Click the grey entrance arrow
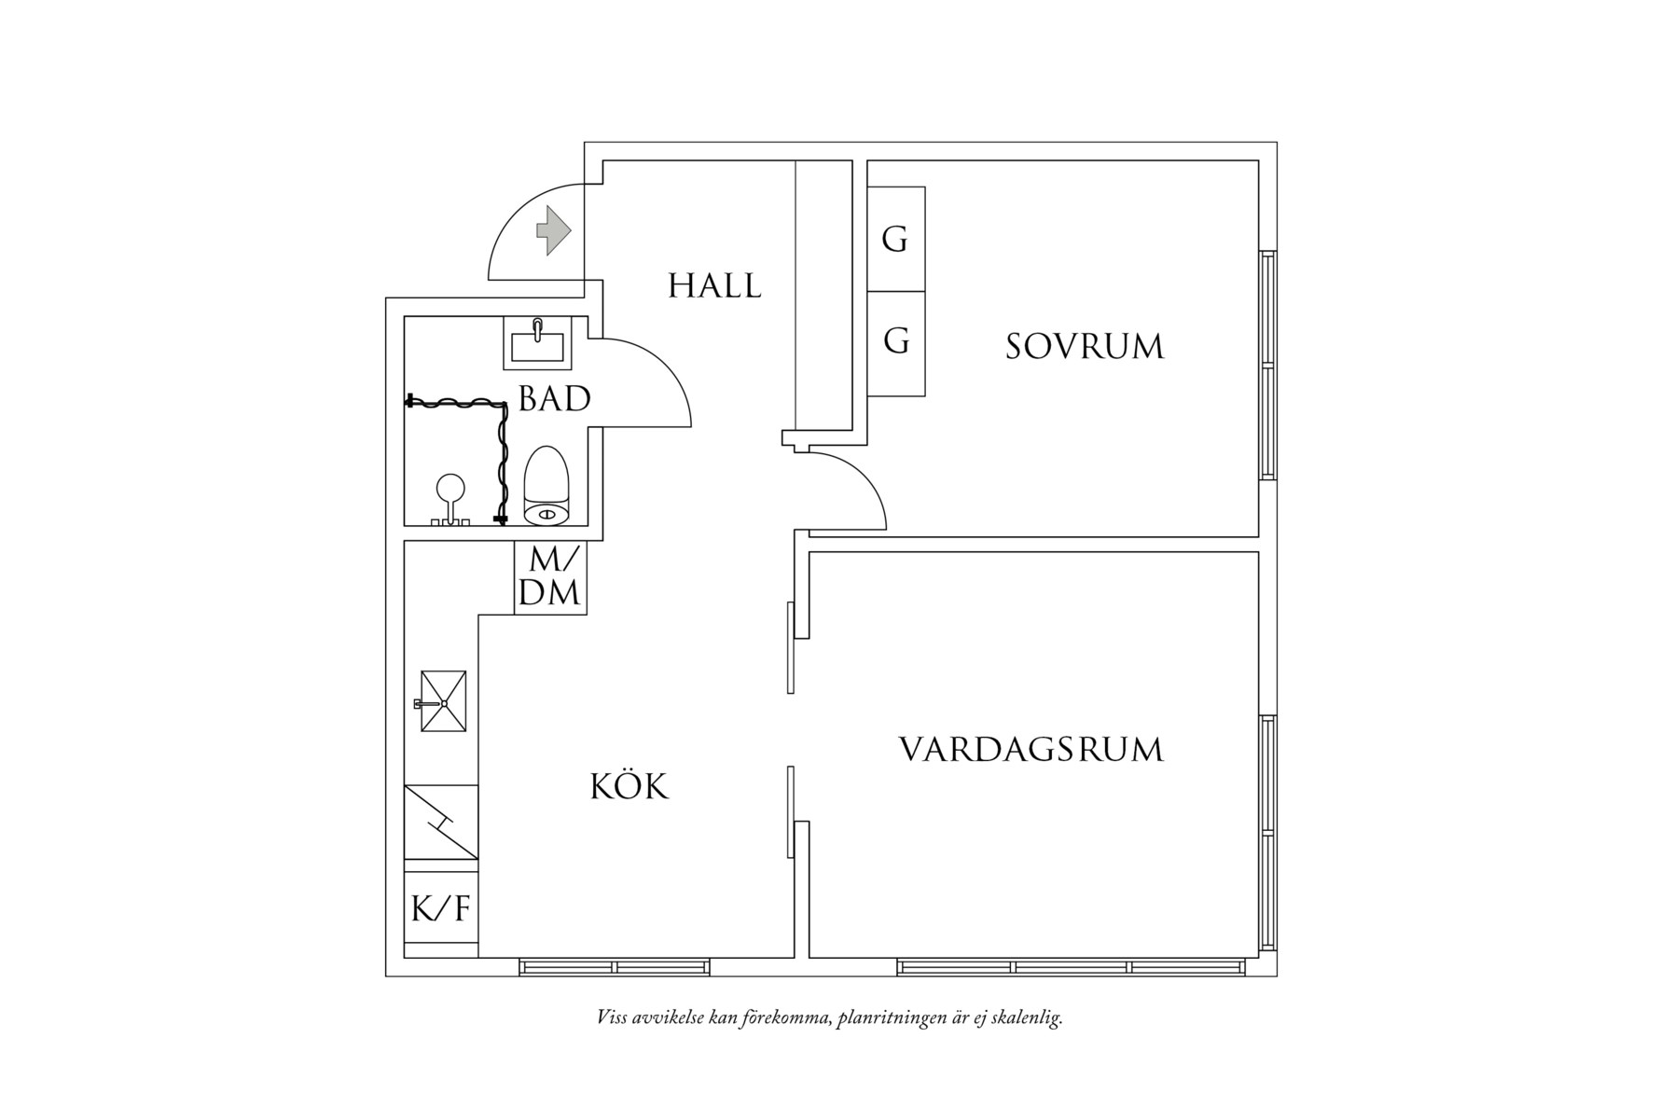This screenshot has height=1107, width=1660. coord(553,230)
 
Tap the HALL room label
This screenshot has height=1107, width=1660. coord(714,285)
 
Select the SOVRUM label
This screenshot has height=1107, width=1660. coord(1085,347)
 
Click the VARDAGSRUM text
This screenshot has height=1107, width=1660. coord(1031,750)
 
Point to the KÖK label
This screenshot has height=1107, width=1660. coord(629,787)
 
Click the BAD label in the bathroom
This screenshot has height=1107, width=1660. coord(554,399)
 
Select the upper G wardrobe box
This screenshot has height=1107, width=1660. coord(895,239)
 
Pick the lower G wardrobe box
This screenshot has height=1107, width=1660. coord(895,342)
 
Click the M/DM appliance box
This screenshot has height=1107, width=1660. coord(550,577)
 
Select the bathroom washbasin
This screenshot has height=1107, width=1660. coord(538,341)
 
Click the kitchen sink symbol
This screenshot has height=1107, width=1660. coord(443,701)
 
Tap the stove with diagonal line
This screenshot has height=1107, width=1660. coord(441,822)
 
